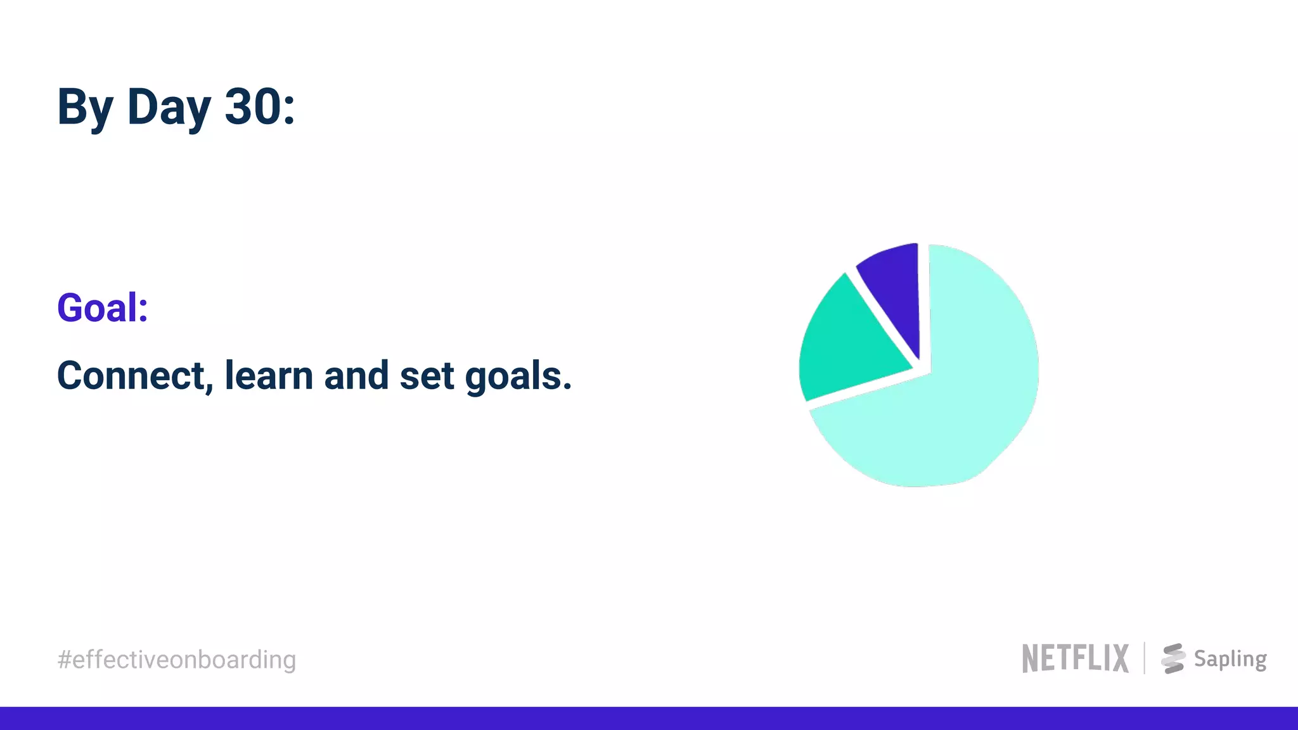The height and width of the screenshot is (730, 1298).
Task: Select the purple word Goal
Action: (96, 309)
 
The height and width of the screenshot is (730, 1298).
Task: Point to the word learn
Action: (269, 376)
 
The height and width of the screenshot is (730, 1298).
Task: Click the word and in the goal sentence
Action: (356, 376)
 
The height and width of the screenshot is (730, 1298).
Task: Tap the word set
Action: (427, 376)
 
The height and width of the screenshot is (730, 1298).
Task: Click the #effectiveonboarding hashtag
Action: (177, 660)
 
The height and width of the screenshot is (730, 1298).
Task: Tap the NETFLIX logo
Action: (1075, 658)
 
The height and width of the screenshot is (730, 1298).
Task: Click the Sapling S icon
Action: (1173, 658)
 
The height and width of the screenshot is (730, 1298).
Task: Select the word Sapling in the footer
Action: (1230, 659)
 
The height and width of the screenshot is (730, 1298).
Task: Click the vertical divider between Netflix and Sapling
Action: (1145, 658)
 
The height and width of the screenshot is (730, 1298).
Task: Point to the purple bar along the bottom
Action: (649, 719)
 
